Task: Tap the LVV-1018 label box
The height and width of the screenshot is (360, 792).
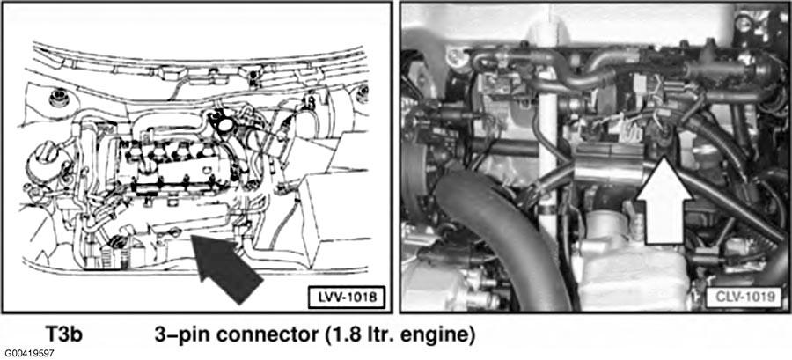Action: pyautogui.click(x=346, y=297)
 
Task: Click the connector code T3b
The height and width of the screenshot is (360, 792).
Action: pyautogui.click(x=63, y=334)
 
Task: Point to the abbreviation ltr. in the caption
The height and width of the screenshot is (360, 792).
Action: pyautogui.click(x=377, y=335)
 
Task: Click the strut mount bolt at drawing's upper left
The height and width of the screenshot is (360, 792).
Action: pyautogui.click(x=59, y=98)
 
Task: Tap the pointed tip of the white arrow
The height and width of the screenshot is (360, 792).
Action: pyautogui.click(x=664, y=158)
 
